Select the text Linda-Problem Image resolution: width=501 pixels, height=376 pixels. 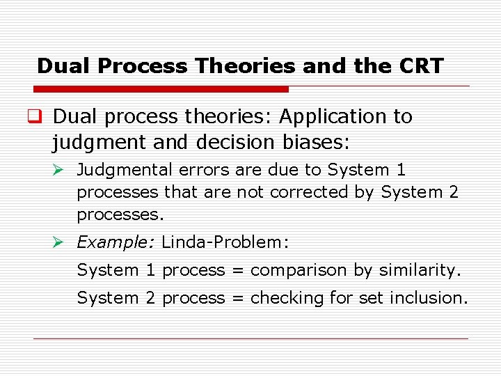pos(224,242)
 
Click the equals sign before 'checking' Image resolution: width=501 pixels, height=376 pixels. pos(237,298)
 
